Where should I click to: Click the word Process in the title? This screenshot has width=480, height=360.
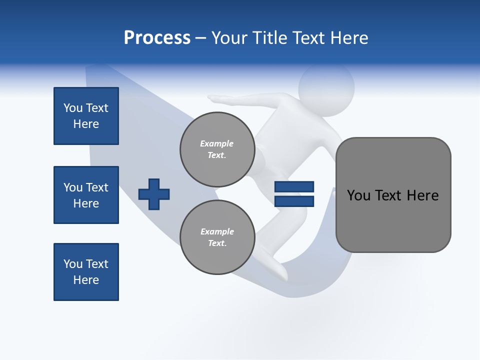click(x=157, y=38)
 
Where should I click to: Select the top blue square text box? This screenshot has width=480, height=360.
click(x=86, y=116)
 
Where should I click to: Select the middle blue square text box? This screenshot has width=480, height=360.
click(x=86, y=195)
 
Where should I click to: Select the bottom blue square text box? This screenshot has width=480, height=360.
click(x=86, y=272)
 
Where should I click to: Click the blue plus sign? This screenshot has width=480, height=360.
click(x=154, y=194)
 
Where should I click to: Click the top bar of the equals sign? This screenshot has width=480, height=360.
click(x=294, y=186)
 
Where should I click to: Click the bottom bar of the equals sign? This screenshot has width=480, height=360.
click(x=294, y=201)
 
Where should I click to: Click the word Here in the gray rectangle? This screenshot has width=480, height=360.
click(x=422, y=195)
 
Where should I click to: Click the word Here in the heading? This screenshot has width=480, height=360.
click(x=348, y=38)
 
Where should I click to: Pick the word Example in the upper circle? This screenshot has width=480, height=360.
click(x=217, y=143)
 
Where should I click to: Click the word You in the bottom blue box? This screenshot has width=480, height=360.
click(x=72, y=264)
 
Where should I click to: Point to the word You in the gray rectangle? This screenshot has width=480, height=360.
click(x=358, y=195)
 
